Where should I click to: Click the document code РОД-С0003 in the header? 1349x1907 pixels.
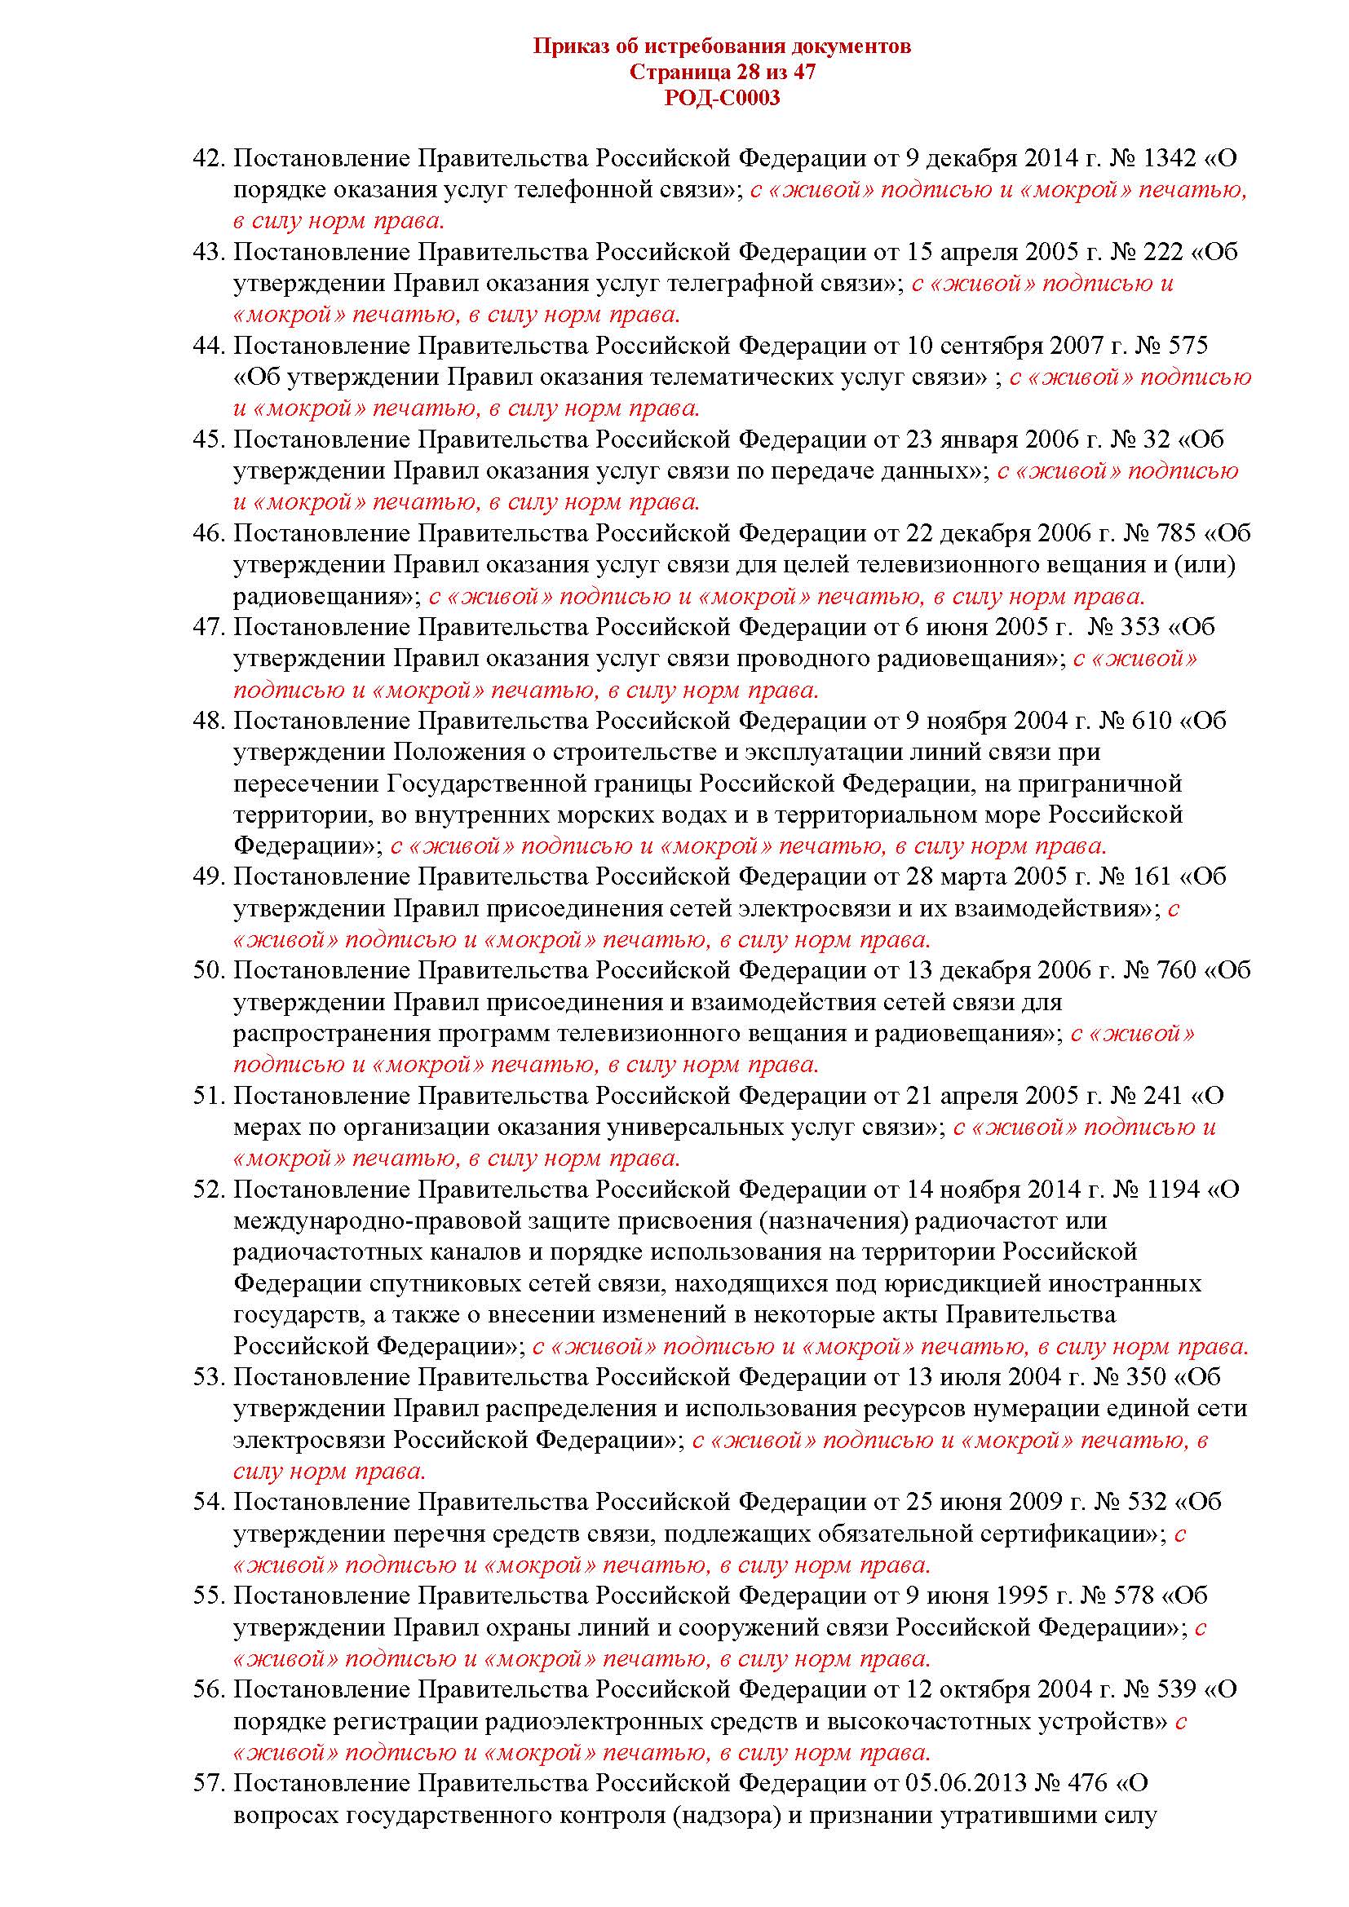click(722, 99)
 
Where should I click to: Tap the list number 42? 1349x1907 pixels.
click(210, 158)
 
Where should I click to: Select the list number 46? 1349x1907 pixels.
click(210, 533)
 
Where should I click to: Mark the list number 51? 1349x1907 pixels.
click(210, 1097)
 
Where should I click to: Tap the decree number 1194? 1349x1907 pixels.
click(1170, 1190)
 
